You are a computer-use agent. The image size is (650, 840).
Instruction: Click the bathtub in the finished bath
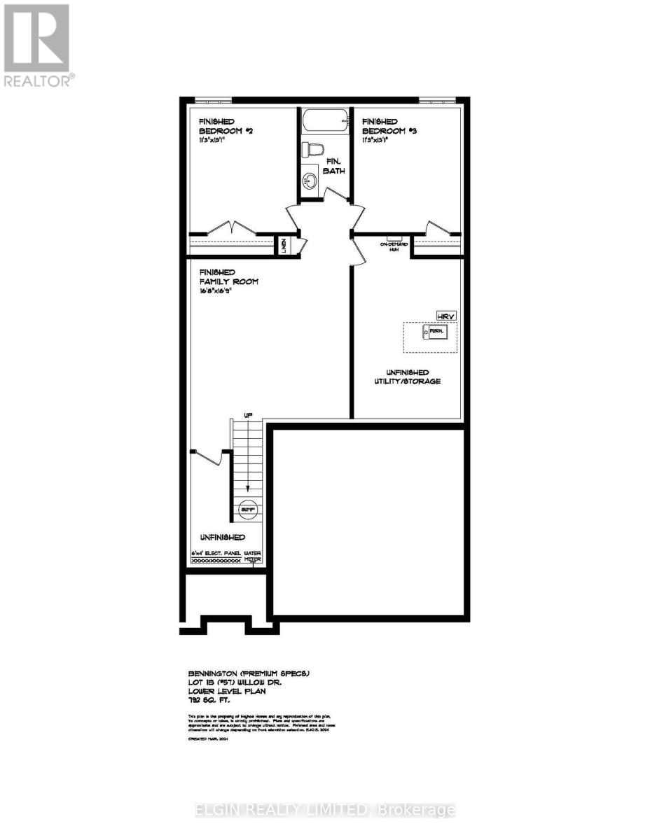click(x=325, y=122)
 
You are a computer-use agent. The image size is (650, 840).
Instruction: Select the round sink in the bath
click(x=309, y=181)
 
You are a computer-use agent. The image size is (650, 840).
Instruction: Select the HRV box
click(x=445, y=316)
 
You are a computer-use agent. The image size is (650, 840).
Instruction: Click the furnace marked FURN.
click(x=436, y=330)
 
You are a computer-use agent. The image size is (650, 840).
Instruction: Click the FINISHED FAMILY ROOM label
click(x=228, y=276)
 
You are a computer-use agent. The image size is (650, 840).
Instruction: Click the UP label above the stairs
click(x=247, y=416)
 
